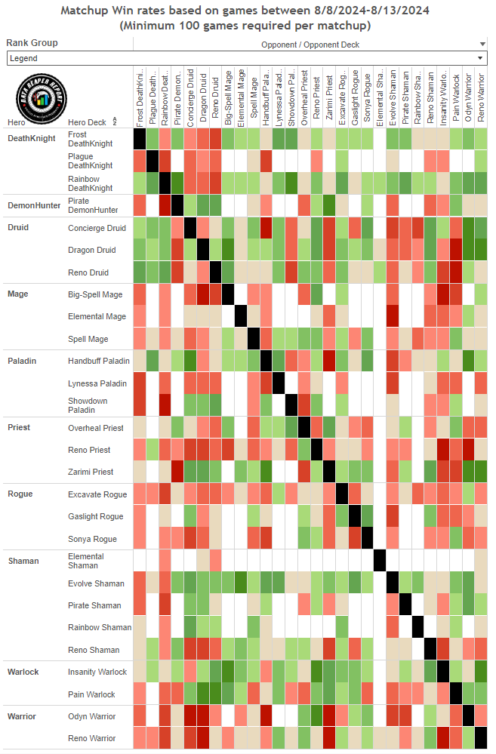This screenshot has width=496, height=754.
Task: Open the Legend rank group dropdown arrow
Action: (481, 58)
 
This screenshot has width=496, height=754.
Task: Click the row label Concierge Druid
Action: (97, 228)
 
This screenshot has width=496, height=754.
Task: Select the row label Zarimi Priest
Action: (91, 472)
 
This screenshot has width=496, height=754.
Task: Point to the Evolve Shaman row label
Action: (96, 583)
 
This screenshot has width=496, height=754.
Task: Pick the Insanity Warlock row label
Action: (97, 672)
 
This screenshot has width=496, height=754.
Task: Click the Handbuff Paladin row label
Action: (98, 361)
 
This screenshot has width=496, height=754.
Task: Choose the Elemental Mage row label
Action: (96, 316)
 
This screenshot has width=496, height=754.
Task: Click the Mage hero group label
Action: (17, 294)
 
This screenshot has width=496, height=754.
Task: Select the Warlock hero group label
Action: (23, 672)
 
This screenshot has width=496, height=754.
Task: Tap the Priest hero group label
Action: (19, 427)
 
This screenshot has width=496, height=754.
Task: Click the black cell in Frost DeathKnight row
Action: (140, 139)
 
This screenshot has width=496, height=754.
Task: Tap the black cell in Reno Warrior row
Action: (481, 737)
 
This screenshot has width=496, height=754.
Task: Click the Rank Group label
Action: (32, 43)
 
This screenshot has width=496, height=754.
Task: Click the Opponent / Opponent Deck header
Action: (310, 45)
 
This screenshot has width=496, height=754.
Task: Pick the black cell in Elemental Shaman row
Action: (380, 561)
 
